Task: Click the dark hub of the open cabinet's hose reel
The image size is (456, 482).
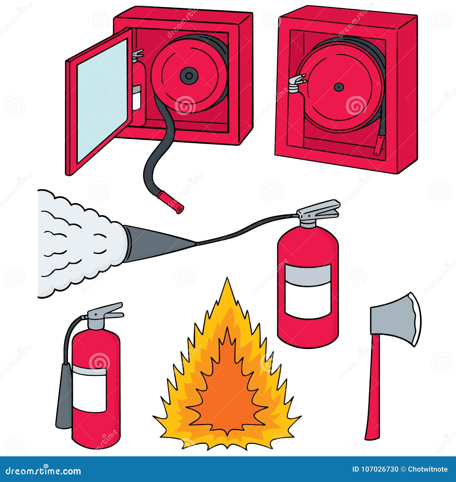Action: tap(188, 76)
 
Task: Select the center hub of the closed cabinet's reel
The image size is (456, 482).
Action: tap(339, 87)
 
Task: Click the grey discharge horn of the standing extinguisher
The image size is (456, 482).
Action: tap(63, 396)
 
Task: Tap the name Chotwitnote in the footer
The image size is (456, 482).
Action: tap(428, 469)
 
